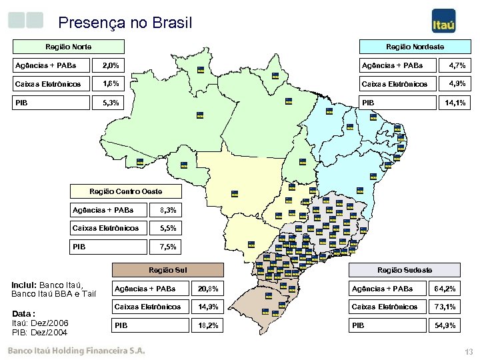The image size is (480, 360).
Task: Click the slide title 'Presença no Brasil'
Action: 125,23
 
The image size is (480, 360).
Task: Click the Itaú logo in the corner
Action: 444,21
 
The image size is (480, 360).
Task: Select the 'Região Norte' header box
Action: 69,47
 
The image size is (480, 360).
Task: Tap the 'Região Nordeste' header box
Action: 415,47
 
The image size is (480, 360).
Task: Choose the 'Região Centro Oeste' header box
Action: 126,191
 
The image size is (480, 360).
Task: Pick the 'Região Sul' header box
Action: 167,270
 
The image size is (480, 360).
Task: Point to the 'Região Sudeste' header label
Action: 405,270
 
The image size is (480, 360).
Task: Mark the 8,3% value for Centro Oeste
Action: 168,210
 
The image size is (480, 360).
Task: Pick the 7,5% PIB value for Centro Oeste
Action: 168,247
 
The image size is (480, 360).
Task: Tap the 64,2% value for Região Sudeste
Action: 445,289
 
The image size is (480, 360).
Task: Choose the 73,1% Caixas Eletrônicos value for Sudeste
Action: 445,307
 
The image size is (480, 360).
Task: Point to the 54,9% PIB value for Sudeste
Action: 445,325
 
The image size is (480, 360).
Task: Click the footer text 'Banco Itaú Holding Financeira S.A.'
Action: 75,350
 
